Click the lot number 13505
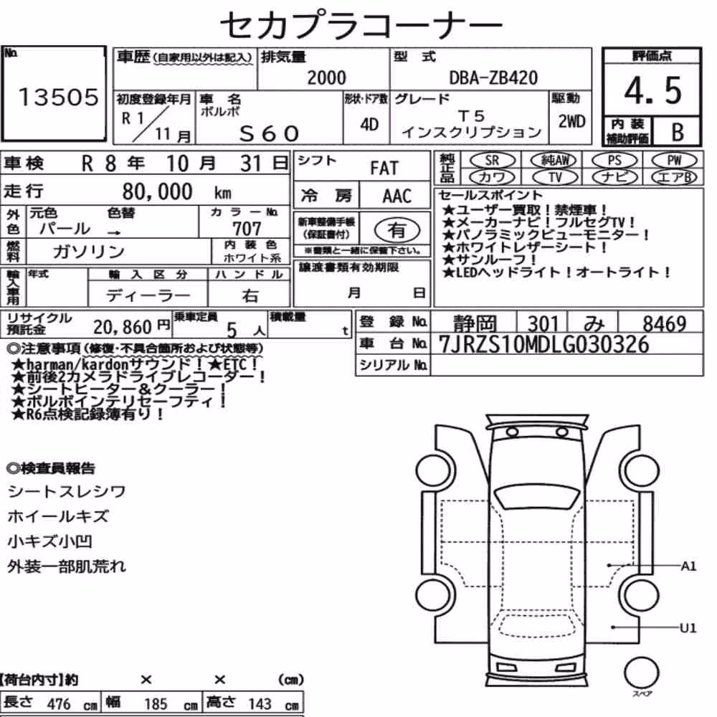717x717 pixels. pos(58,97)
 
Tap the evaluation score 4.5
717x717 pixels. pos(652,90)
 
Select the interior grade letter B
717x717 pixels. pos(678,132)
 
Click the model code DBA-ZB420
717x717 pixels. pos(493,78)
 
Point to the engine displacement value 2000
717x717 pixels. pos(326,78)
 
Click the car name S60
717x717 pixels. pos(269,133)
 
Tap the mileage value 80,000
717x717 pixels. pos(157,191)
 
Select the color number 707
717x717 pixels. pos(247,228)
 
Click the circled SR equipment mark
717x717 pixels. pos(492,161)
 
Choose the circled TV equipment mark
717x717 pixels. pos(555,176)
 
